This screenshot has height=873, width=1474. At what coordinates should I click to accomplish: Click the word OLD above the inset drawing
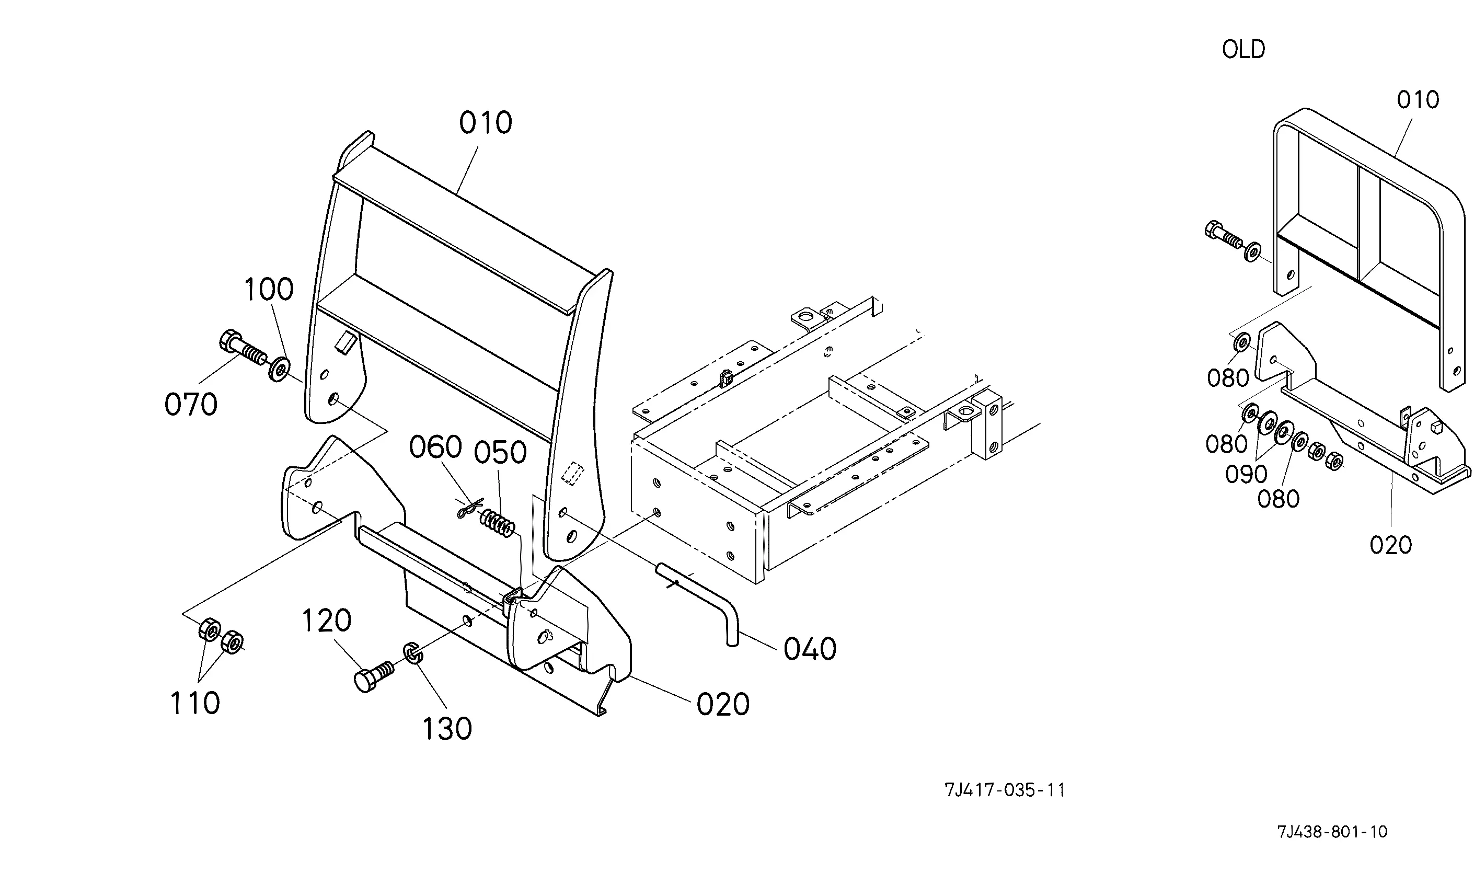[x=1243, y=50]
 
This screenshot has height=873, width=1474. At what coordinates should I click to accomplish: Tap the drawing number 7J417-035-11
[x=1005, y=790]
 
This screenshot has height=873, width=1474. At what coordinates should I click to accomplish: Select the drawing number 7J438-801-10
[x=1332, y=832]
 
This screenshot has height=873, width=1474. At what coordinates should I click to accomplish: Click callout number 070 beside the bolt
[x=191, y=405]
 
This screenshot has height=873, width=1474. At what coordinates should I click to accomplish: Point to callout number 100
[x=268, y=290]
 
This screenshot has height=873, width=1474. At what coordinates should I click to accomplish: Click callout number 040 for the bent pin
[x=809, y=649]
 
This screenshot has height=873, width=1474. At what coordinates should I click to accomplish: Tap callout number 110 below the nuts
[x=194, y=703]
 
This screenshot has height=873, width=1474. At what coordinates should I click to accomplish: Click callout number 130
[x=447, y=729]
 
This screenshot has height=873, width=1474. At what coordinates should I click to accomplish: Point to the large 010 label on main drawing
[x=485, y=123]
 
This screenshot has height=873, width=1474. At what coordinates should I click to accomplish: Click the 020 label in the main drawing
[x=722, y=704]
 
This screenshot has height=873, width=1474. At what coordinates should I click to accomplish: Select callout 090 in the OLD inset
[x=1246, y=474]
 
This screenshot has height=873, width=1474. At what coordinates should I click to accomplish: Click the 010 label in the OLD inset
[x=1418, y=100]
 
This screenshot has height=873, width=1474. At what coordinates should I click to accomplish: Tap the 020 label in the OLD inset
[x=1390, y=545]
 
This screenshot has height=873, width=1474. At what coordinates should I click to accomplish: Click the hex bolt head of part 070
[x=229, y=341]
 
